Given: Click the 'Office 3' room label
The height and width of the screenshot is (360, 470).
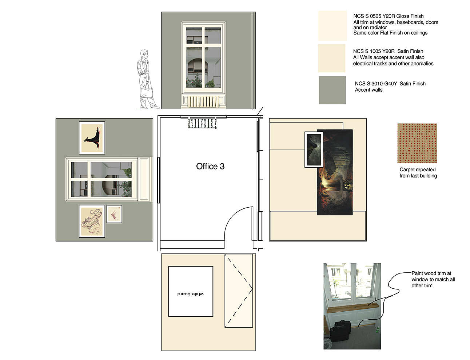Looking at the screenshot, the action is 210,166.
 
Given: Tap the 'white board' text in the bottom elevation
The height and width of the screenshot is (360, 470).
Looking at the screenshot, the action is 191,294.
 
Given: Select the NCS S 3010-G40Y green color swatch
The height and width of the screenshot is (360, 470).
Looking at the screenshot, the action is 332,90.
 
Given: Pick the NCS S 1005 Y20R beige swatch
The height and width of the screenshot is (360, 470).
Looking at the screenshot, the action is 332,58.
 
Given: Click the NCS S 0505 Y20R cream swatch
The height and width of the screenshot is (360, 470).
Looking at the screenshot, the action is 332,25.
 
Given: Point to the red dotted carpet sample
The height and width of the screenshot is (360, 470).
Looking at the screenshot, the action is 417,143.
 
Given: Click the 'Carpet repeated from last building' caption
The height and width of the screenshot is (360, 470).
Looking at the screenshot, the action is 418,172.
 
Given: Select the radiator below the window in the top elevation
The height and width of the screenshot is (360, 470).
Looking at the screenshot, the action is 203,102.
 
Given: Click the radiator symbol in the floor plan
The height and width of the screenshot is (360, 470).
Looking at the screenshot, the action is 203,124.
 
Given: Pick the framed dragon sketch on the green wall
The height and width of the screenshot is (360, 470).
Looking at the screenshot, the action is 92,221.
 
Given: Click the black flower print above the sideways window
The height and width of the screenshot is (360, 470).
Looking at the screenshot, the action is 92,138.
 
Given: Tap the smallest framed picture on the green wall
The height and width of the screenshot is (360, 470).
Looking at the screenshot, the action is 115,214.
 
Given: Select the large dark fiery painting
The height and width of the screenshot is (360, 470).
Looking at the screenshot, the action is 335,172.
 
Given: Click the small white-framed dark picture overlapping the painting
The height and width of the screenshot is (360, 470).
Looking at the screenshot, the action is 314,149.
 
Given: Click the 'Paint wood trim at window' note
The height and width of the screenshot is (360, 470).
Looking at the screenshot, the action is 433,279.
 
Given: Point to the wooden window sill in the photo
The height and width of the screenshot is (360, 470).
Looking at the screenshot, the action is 353,308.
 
